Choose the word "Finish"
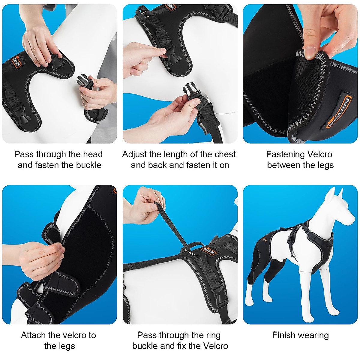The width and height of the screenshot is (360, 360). click(284, 335)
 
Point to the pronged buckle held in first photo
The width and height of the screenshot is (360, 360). click(85, 82)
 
